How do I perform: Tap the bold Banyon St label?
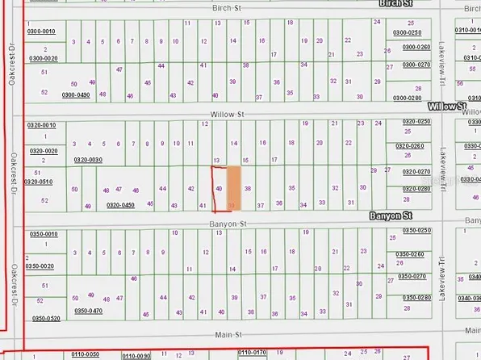(x=391, y=216)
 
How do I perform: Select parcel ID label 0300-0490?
(x=77, y=94)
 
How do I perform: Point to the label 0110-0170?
(x=252, y=353)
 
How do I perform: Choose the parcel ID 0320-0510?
(x=39, y=182)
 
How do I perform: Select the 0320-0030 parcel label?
(x=89, y=160)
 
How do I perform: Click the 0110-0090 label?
(x=136, y=355)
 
